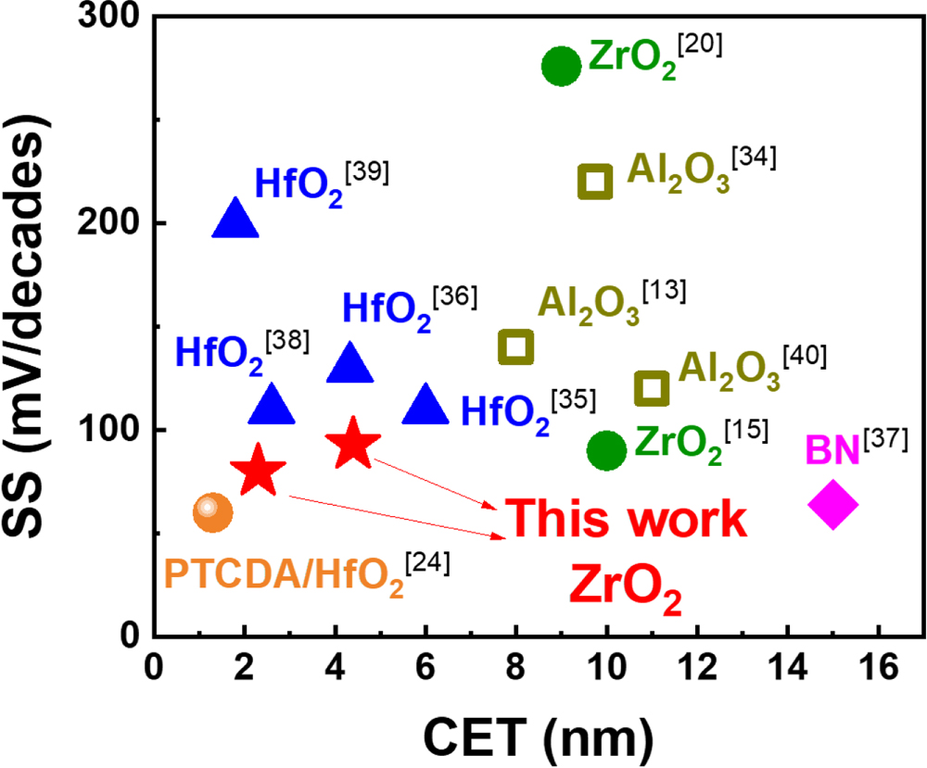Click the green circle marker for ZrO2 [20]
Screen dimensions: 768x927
click(561, 66)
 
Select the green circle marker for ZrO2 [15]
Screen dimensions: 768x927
click(606, 450)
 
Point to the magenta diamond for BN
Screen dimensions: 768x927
click(833, 504)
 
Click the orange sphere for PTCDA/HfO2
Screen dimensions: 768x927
click(212, 510)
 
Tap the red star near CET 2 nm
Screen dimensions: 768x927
click(259, 471)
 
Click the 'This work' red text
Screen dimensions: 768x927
click(627, 521)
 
